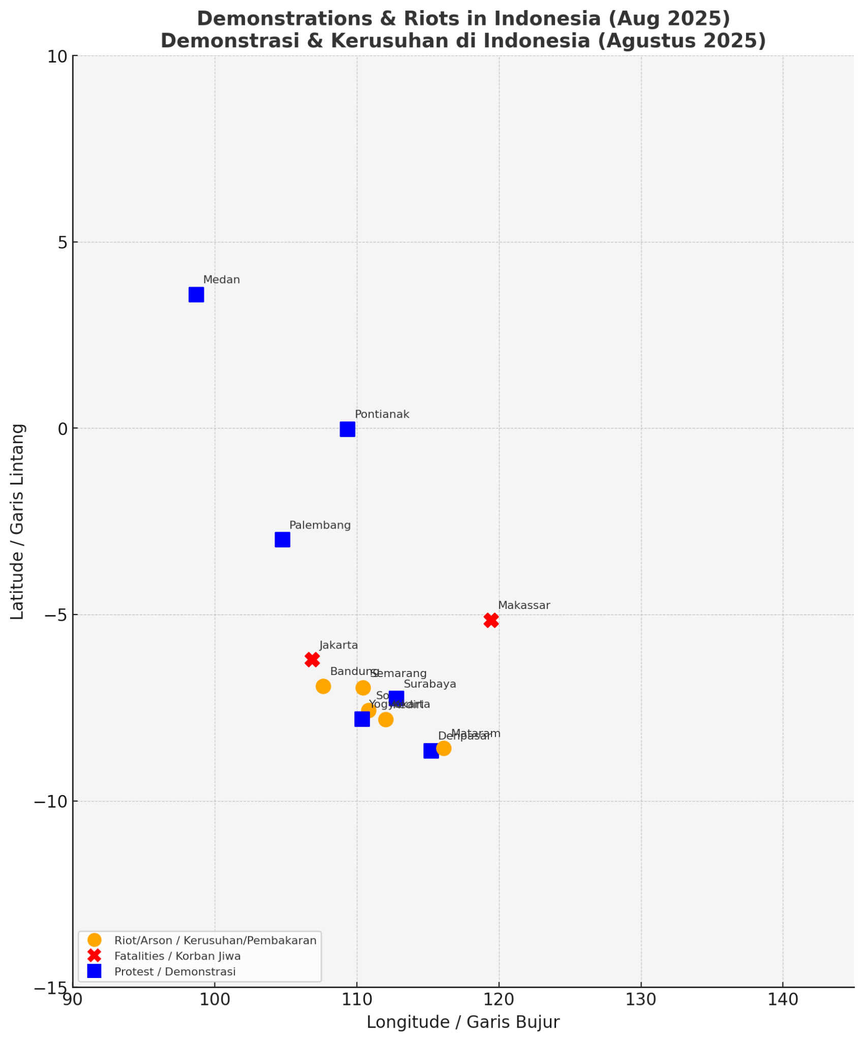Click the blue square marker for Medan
[196, 295]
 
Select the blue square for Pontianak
[347, 430]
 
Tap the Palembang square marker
[283, 540]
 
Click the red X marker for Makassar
[491, 620]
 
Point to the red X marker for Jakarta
[312, 659]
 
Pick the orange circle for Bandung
[323, 686]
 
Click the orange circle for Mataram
[444, 748]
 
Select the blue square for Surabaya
[396, 698]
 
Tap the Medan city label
[222, 280]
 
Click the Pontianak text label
[382, 415]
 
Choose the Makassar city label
[524, 606]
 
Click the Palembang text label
[320, 526]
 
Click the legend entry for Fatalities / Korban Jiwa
[177, 956]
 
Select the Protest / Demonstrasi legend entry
[175, 972]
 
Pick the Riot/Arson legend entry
[215, 940]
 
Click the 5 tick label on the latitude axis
[63, 242]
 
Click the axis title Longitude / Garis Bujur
[462, 1022]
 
